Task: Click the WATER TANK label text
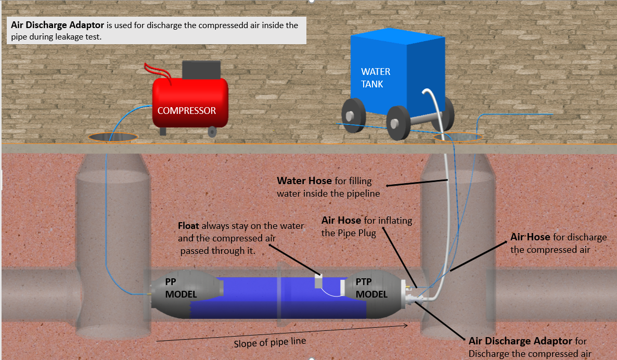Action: coord(376,78)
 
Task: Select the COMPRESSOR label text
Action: coord(186,111)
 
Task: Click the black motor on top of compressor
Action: coord(201,69)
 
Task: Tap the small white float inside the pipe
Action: coord(319,281)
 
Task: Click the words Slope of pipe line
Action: coord(269,342)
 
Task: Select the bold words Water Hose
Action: coord(304,181)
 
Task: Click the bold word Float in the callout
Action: coord(188,226)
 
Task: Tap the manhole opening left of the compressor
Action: coord(113,137)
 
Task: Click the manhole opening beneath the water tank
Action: coord(460,137)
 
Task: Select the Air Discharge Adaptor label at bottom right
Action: coord(520,341)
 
